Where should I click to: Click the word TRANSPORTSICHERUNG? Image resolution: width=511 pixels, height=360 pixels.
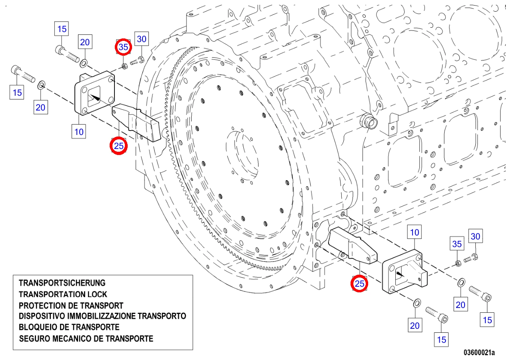[62, 283]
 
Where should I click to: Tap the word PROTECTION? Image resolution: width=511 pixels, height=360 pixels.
[42, 306]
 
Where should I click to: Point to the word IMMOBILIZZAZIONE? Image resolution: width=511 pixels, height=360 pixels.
[102, 316]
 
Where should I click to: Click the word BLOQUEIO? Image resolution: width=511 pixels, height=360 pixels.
[38, 327]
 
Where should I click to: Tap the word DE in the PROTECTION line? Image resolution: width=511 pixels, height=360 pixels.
[74, 306]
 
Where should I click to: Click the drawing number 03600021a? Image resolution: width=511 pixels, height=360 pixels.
[479, 352]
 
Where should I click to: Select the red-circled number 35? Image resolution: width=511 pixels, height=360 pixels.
[123, 47]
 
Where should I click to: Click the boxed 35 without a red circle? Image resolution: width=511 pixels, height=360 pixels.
[457, 244]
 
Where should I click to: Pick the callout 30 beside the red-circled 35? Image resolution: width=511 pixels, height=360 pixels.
[141, 39]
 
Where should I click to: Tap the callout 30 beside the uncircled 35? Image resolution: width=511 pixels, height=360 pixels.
[475, 236]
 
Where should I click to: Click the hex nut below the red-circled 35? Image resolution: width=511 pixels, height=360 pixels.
[124, 66]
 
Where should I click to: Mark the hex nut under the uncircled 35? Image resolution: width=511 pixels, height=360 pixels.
[458, 263]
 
